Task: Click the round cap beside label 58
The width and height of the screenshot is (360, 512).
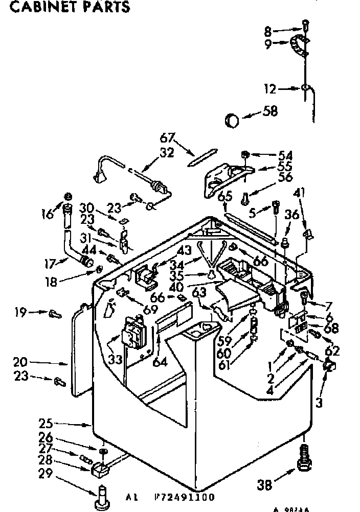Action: click(x=233, y=121)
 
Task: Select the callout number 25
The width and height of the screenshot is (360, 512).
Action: click(x=46, y=424)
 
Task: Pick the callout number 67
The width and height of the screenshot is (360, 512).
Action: click(x=167, y=137)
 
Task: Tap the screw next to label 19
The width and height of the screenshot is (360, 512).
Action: click(x=54, y=314)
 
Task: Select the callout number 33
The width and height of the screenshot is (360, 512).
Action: click(x=115, y=359)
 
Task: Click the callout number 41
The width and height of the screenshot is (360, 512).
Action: click(x=300, y=193)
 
